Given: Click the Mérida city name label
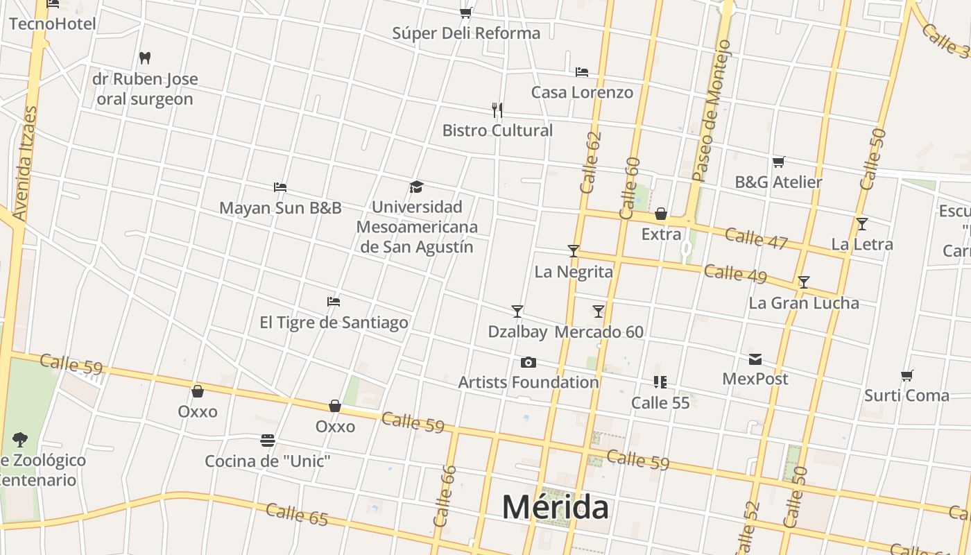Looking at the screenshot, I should (x=556, y=507).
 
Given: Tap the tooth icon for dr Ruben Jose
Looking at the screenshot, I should (x=145, y=58).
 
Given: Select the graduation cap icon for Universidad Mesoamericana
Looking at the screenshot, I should (x=416, y=187).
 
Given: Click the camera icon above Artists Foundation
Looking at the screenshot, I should (x=529, y=362).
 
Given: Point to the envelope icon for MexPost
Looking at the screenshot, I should (x=755, y=359).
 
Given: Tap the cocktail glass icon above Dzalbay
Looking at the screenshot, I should (x=517, y=311).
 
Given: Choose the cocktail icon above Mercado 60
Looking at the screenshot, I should (x=599, y=311).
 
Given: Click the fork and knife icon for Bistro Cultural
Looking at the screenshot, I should (x=497, y=110).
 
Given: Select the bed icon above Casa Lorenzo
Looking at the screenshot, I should (x=582, y=71).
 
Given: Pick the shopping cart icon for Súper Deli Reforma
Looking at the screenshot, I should (x=466, y=12).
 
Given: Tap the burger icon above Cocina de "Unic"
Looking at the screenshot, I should (x=268, y=441).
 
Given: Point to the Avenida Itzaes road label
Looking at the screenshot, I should (x=24, y=164).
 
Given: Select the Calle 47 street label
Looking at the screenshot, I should (x=756, y=238).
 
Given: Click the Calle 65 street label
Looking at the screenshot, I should (x=297, y=514).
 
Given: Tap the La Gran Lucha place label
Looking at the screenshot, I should (x=804, y=303).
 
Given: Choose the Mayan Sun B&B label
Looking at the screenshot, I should (x=280, y=207).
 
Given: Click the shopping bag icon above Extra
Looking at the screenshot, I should (x=661, y=213).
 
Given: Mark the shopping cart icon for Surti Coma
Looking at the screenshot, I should (x=906, y=375).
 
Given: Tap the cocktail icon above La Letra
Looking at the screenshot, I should (x=862, y=224).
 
